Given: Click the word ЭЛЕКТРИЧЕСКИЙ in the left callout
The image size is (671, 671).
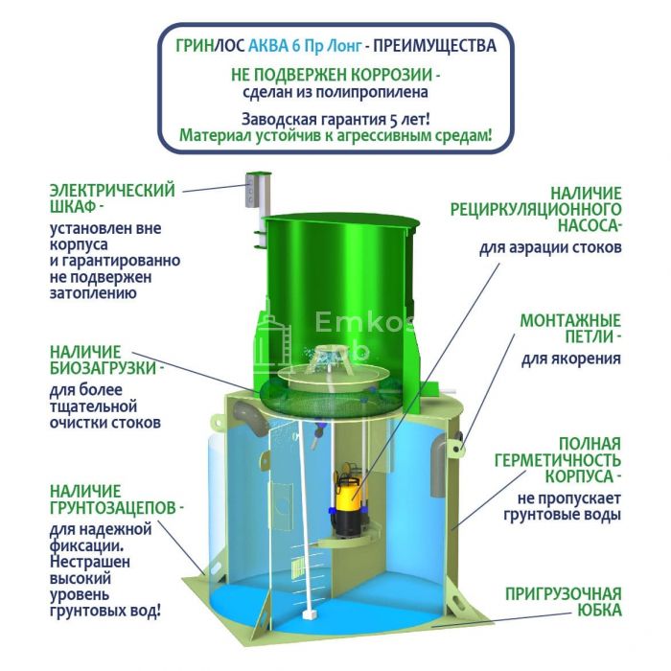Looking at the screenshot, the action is pyautogui.click(x=112, y=191).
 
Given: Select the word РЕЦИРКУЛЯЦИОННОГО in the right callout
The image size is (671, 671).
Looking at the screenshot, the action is pyautogui.click(x=535, y=210).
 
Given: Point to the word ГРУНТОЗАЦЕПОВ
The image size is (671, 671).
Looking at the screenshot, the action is pyautogui.click(x=113, y=508).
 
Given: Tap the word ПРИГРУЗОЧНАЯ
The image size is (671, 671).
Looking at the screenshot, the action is pyautogui.click(x=564, y=594).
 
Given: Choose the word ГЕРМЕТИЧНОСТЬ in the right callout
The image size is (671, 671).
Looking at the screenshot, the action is pyautogui.click(x=558, y=460).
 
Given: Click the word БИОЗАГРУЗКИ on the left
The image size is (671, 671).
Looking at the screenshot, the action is pyautogui.click(x=103, y=368).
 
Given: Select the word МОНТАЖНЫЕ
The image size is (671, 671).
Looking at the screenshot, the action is pyautogui.click(x=570, y=320).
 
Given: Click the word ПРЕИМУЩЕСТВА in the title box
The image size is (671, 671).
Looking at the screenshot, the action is pyautogui.click(x=435, y=46).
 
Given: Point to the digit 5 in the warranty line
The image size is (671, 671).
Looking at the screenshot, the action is pyautogui.click(x=393, y=120).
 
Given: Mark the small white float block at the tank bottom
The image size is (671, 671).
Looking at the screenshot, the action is pyautogui.click(x=309, y=614).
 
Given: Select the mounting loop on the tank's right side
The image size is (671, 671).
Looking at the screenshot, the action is pyautogui.click(x=456, y=448).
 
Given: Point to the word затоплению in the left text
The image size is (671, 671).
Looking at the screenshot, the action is pyautogui.click(x=93, y=294).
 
